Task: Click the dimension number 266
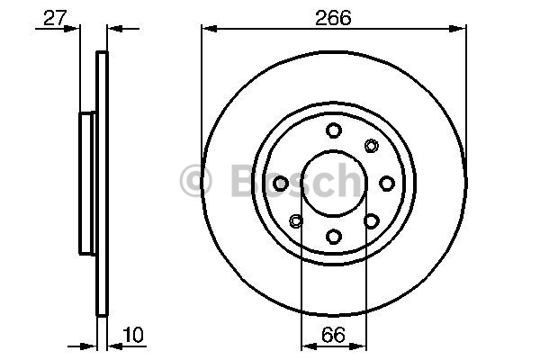pos(333,17)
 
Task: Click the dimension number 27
pos(55,18)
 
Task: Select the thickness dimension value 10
pos(133,335)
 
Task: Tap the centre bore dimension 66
pos(333,335)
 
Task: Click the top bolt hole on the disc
pos(333,130)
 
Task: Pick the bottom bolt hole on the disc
pos(333,237)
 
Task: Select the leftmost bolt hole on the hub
pos(280,184)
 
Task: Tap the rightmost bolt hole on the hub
pos(387,184)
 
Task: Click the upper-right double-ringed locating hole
pos(371,146)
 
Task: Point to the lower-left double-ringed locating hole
pos(296,220)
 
